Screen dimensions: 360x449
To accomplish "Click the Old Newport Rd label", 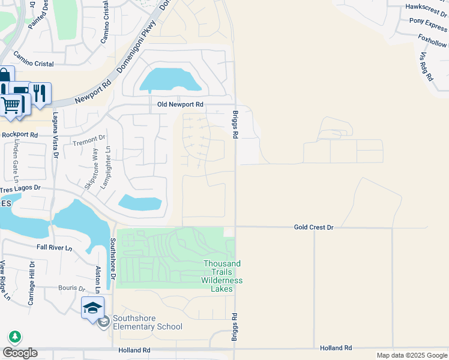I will (x=180, y=104).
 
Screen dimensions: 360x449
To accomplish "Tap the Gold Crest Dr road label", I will (x=313, y=227).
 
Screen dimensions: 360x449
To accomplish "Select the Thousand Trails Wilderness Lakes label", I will (x=222, y=276).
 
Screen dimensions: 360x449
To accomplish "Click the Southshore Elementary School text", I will (x=148, y=326).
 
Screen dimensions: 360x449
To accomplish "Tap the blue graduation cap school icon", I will (x=92, y=308).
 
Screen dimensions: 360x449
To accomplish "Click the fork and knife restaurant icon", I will (x=40, y=93).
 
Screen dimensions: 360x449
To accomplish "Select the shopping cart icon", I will (x=10, y=106).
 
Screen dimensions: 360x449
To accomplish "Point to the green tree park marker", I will (x=14, y=337).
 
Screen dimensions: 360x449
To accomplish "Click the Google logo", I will (x=20, y=353).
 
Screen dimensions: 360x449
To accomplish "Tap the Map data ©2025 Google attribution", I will (x=411, y=355).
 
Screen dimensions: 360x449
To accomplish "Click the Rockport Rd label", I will (x=19, y=135).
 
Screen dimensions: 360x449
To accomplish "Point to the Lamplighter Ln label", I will (x=106, y=168).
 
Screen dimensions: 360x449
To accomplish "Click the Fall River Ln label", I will (x=54, y=248).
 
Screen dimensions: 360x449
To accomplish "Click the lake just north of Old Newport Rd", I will (x=169, y=80).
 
